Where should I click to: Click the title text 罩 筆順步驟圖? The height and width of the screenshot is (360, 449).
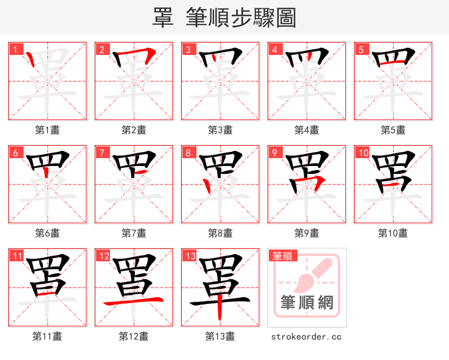point(224,17)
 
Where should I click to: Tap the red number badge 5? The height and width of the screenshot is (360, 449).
point(361,49)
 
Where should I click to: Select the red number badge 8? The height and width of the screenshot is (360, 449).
point(188,153)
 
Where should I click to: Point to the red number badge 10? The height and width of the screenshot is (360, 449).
point(363,153)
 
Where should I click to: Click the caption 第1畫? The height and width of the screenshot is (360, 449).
point(48,130)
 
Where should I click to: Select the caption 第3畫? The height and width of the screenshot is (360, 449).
point(221,130)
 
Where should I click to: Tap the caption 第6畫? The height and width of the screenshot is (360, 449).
point(48,233)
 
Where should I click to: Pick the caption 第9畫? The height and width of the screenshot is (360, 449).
point(307,233)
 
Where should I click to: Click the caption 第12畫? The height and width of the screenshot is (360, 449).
point(134,336)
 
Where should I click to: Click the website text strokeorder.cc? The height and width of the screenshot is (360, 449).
point(306,336)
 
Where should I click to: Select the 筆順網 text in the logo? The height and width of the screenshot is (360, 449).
point(307,303)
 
